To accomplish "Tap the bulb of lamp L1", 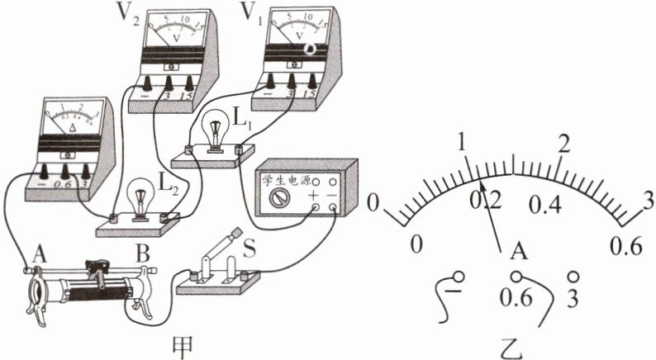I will point(217,131).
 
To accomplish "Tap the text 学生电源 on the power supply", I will point(284,178).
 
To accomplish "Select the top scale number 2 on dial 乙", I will point(564,143).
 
